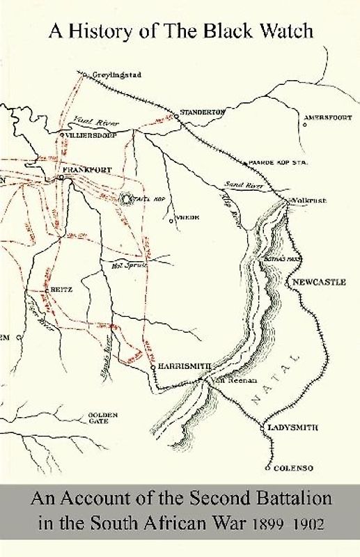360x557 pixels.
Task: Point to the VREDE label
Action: click(x=189, y=217)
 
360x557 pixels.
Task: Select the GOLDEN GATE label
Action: click(x=102, y=419)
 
